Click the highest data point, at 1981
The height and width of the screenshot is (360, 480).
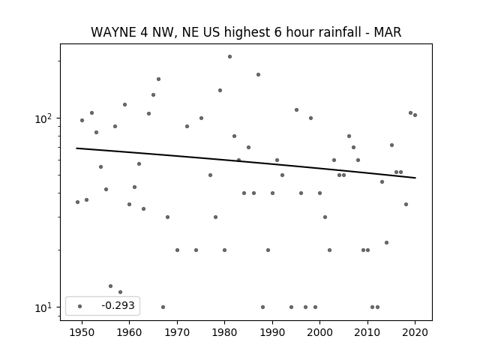point(229,57)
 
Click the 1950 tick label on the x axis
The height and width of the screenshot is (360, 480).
point(82,332)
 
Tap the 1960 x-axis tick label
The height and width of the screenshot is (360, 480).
point(129,332)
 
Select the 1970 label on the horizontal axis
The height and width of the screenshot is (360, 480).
point(177,332)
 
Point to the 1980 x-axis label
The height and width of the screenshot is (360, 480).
point(224,332)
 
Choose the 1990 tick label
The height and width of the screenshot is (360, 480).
point(272,332)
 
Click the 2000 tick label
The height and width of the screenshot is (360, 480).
point(320,332)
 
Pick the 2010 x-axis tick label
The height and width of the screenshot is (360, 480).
point(367,332)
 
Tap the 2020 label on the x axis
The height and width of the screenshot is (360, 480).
point(415,332)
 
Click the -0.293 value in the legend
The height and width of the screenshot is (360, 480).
point(118,305)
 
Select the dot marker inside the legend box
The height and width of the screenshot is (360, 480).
point(79,306)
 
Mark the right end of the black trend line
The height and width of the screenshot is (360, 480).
point(415,178)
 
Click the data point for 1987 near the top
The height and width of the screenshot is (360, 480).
point(258,75)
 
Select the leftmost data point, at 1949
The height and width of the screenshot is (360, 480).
point(77,202)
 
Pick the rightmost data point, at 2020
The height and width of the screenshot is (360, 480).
point(415,115)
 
